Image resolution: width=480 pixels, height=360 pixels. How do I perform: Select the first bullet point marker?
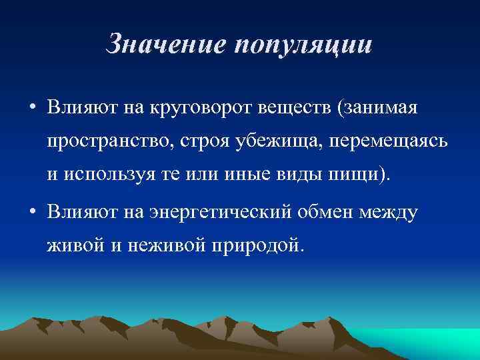pos(32,107)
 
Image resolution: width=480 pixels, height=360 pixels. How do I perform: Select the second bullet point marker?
pos(32,213)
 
